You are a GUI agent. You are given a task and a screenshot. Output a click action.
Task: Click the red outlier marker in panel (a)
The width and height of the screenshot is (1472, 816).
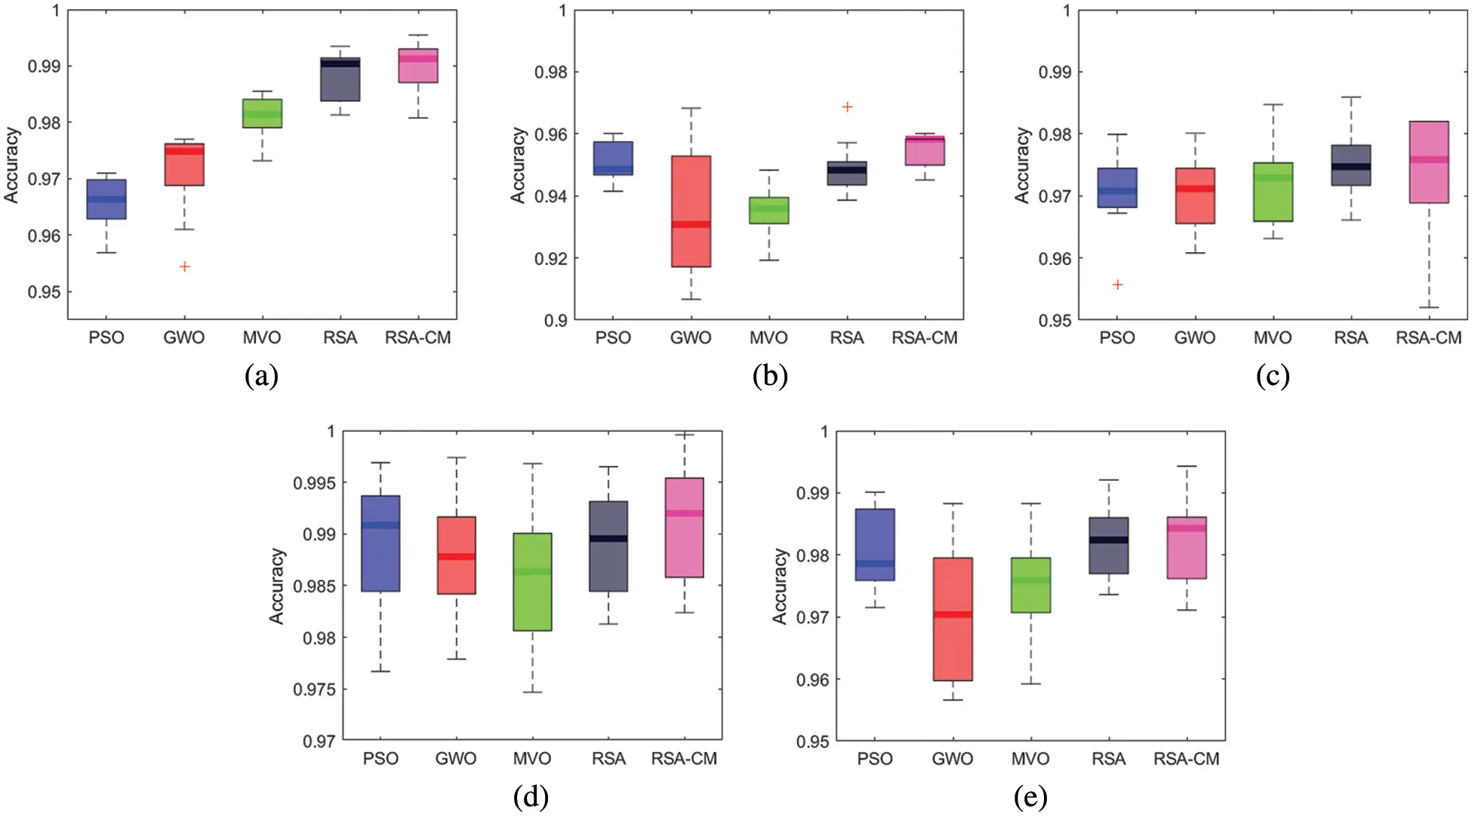pos(184,266)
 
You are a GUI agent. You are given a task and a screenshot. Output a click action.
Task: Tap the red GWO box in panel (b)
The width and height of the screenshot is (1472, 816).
pos(691,211)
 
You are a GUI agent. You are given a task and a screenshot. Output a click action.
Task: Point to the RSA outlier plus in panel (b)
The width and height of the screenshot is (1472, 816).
pos(847,107)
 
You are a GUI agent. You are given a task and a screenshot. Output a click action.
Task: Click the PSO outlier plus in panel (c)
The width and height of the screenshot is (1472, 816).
pos(1117,285)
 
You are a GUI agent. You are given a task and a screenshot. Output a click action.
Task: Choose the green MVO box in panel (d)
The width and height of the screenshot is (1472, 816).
pos(532,582)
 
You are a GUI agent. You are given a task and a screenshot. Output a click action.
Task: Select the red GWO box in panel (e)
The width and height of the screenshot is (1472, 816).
pos(953,619)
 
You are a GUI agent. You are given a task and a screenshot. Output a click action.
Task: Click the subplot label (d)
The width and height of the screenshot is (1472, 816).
pos(531,796)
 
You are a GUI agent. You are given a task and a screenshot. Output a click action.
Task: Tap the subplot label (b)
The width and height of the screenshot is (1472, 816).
pos(770,375)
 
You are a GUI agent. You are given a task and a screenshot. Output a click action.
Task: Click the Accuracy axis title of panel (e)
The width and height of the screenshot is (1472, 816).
pos(780,586)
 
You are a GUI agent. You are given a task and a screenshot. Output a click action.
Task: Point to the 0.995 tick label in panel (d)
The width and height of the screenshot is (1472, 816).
pos(314,483)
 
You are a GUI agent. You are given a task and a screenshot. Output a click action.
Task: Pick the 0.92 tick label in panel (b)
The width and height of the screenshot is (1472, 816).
pos(550,259)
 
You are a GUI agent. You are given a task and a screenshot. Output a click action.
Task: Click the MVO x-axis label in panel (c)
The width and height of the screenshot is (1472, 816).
pos(1273,338)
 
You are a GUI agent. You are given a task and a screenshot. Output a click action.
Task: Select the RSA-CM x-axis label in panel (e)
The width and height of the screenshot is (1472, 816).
pos(1186,759)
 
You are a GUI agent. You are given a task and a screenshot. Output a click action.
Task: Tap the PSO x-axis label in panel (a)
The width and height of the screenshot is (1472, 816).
pos(106,338)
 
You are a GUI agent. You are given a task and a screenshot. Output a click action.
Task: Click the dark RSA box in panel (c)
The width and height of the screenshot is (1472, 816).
pos(1350,165)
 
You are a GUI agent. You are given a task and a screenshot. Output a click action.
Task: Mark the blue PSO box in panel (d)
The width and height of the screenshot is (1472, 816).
pos(380,543)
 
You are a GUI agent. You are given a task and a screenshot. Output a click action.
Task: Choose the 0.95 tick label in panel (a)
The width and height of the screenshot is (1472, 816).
pos(44,292)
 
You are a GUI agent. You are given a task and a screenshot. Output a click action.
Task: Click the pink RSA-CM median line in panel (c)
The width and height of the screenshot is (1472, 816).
pos(1429,159)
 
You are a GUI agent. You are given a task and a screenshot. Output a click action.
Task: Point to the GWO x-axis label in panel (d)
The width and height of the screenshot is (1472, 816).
pos(456,759)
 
